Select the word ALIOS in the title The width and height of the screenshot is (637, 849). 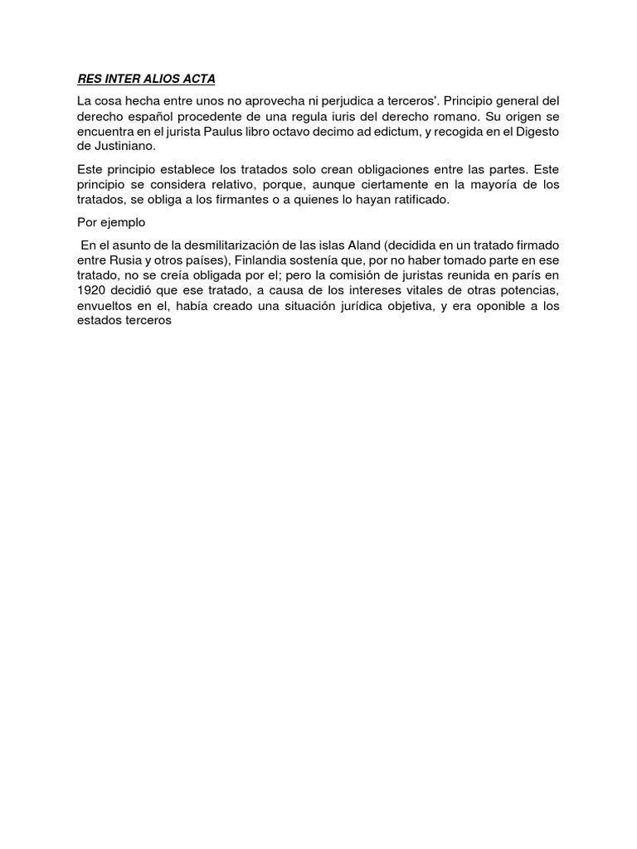coord(158,79)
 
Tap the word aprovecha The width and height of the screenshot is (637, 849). coord(270,101)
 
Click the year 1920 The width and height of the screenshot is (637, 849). coord(92,291)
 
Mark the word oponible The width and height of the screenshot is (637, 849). coord(505,306)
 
